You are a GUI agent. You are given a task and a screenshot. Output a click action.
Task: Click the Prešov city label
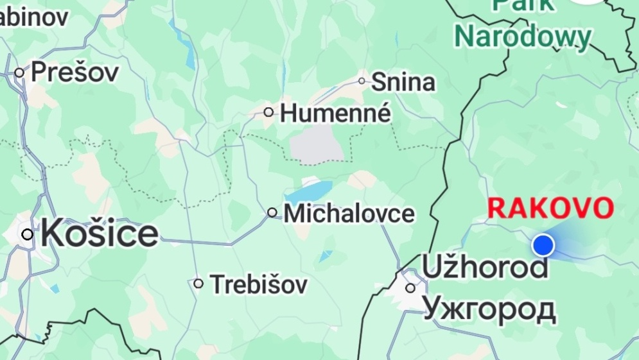click(75, 72)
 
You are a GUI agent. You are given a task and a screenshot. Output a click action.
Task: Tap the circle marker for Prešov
click(19, 73)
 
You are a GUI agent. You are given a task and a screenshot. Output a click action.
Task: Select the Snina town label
click(403, 82)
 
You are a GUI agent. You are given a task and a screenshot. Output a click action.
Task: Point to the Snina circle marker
click(362, 81)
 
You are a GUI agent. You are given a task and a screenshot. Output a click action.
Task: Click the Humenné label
click(336, 114)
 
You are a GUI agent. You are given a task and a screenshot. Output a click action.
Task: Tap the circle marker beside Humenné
click(268, 112)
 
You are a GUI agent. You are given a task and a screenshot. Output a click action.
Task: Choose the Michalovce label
click(349, 213)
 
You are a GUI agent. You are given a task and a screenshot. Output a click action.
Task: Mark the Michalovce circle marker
click(272, 212)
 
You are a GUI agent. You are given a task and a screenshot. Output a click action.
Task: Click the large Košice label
click(100, 234)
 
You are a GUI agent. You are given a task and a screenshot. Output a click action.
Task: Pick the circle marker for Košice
click(27, 234)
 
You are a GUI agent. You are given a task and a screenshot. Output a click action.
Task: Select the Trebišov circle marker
click(198, 283)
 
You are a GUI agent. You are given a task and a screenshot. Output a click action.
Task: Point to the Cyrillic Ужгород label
click(489, 309)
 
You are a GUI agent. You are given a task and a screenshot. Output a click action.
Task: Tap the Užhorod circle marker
click(410, 288)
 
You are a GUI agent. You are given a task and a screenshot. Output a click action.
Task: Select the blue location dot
click(543, 244)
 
